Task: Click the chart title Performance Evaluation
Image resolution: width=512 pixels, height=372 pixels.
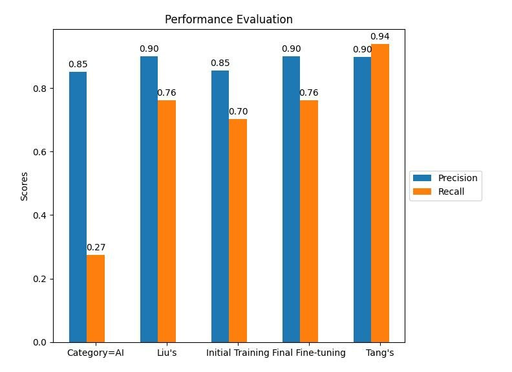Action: (x=228, y=19)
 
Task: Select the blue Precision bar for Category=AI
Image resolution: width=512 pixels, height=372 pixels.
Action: (x=78, y=207)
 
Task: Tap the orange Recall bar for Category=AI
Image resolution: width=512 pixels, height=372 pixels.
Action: (x=96, y=298)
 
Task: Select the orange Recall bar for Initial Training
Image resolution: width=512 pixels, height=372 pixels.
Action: (x=238, y=230)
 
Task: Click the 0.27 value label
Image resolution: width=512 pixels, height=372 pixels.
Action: (x=96, y=247)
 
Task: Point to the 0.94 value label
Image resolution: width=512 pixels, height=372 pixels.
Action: (x=379, y=36)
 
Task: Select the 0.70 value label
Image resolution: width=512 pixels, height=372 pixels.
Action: (x=238, y=111)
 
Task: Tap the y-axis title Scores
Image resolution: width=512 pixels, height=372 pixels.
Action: (x=25, y=186)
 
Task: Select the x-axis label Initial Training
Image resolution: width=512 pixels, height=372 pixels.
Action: (x=237, y=353)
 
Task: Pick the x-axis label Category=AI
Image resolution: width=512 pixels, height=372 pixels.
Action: (x=96, y=353)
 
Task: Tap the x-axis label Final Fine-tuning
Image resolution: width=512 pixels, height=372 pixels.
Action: (x=309, y=353)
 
